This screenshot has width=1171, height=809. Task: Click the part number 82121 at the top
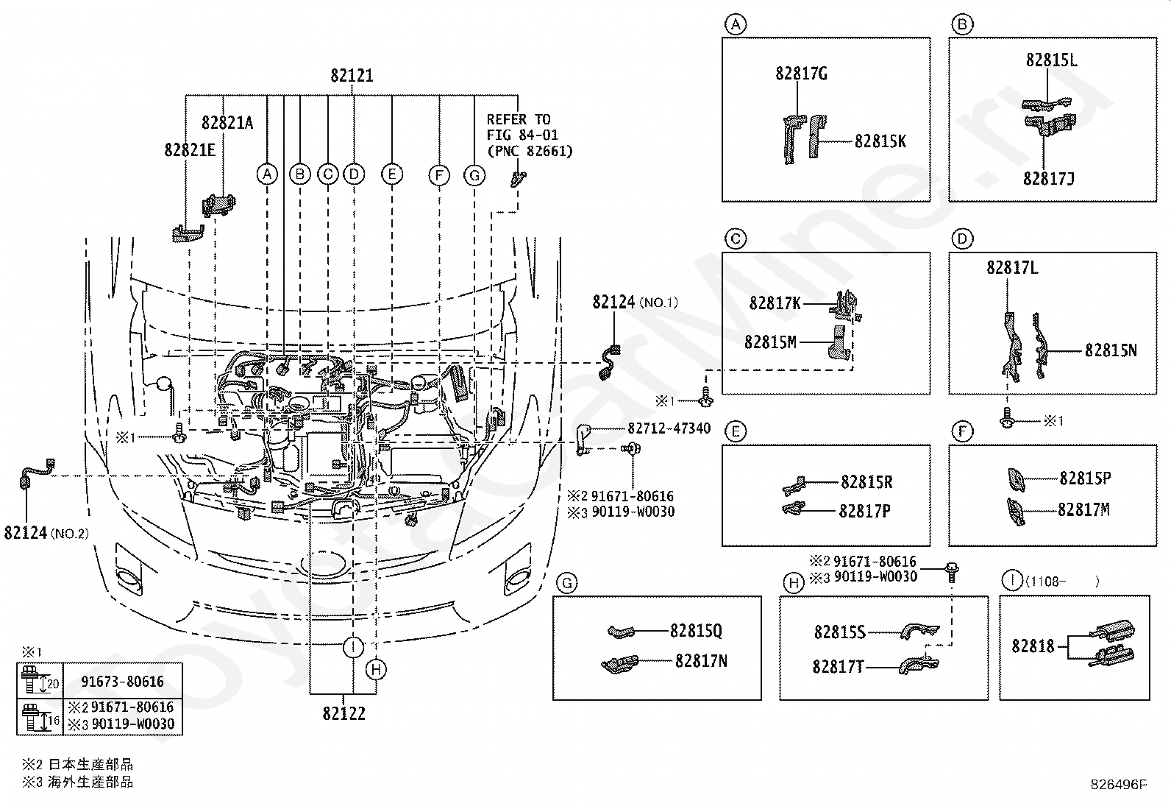tap(352, 76)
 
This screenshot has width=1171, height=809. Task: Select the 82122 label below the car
tap(344, 713)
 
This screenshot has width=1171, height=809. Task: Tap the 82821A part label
tap(227, 123)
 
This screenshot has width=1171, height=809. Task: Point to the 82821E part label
tap(190, 150)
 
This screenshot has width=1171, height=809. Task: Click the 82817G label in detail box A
tap(802, 74)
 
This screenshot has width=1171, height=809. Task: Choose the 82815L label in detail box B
tap(1051, 60)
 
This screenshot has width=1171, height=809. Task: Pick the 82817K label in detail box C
tap(775, 303)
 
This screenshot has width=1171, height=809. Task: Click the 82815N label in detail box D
tap(1111, 350)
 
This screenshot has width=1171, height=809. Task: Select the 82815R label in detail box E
tap(866, 482)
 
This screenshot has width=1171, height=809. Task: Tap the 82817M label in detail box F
tap(1083, 509)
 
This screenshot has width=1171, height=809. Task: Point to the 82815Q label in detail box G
tap(696, 631)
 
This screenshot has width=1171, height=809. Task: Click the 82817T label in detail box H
tap(838, 667)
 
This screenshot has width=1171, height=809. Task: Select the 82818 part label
tap(1033, 646)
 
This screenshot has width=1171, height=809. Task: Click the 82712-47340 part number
tap(669, 428)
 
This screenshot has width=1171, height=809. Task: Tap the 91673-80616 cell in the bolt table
tap(122, 682)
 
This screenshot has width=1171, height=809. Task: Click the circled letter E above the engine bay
tap(392, 174)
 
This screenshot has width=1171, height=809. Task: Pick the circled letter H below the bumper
tap(376, 669)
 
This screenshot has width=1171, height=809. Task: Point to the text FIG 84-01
tap(522, 135)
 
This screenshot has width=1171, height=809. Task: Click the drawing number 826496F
tap(1119, 785)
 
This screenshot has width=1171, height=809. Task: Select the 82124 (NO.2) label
tap(46, 533)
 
